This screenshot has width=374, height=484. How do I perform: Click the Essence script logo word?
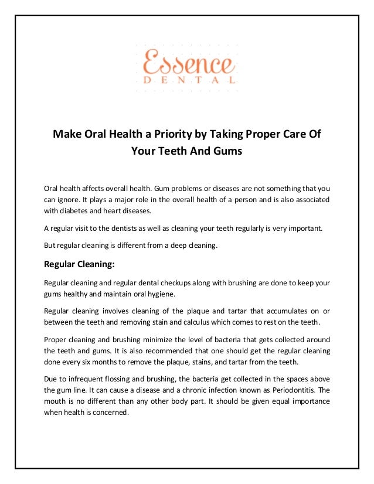click(x=187, y=62)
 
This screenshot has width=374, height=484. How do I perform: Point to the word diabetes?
click(x=81, y=211)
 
